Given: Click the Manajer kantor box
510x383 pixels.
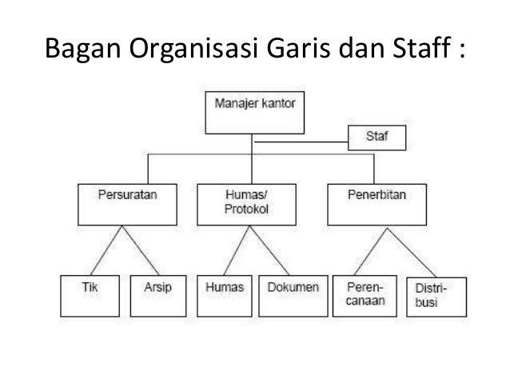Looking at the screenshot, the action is pos(255,114).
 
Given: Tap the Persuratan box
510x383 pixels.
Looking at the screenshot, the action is pos(121,205).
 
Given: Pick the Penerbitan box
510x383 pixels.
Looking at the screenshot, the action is pos(373,205).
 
